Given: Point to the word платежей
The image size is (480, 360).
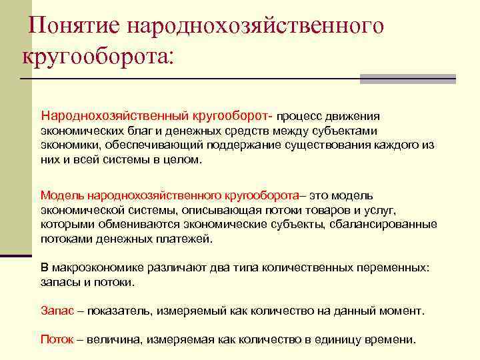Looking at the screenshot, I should tap(187, 239).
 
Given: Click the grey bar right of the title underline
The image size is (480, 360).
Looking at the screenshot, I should tap(407, 79).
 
